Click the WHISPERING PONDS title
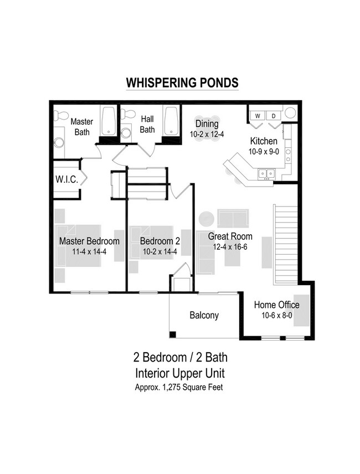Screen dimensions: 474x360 point(182,83)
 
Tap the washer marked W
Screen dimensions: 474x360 point(257,115)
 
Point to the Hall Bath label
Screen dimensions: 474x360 point(147,125)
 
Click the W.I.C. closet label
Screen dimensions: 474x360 point(65,179)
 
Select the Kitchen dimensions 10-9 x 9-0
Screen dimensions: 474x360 point(264,151)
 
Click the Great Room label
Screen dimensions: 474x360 point(227,236)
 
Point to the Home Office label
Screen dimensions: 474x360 point(276,305)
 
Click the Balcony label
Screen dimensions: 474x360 point(204,316)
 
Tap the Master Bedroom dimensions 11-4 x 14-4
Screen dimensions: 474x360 point(89,251)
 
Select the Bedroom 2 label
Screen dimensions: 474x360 point(160,241)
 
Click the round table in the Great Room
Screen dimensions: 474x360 point(207,218)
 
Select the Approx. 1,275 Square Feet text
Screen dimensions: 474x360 point(179,387)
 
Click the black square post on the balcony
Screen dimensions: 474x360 point(173,334)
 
